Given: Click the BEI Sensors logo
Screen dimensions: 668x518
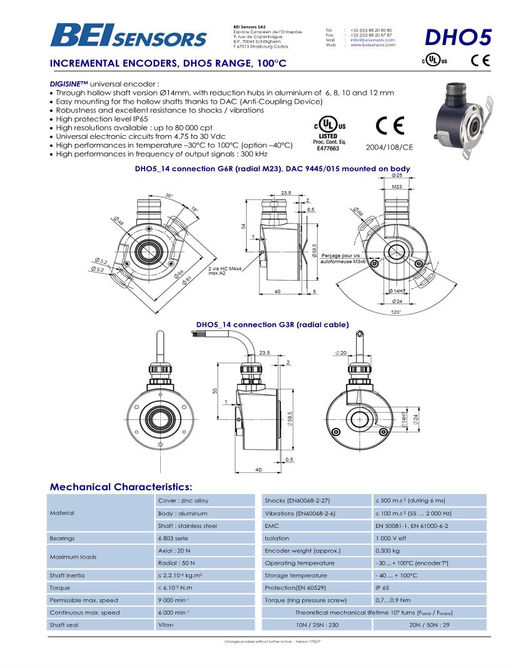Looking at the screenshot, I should point(128,35).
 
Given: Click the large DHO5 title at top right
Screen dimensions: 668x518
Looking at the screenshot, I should point(457,37).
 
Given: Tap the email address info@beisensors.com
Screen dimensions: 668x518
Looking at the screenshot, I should point(372,40).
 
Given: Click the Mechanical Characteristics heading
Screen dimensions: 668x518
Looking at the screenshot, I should point(121,487).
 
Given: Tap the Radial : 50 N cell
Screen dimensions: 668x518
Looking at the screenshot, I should point(174,563).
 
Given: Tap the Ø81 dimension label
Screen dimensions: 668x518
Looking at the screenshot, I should point(187,281).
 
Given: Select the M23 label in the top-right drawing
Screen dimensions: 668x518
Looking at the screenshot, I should point(397,186).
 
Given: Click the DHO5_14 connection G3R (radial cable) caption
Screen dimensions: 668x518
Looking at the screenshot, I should point(272,325).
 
